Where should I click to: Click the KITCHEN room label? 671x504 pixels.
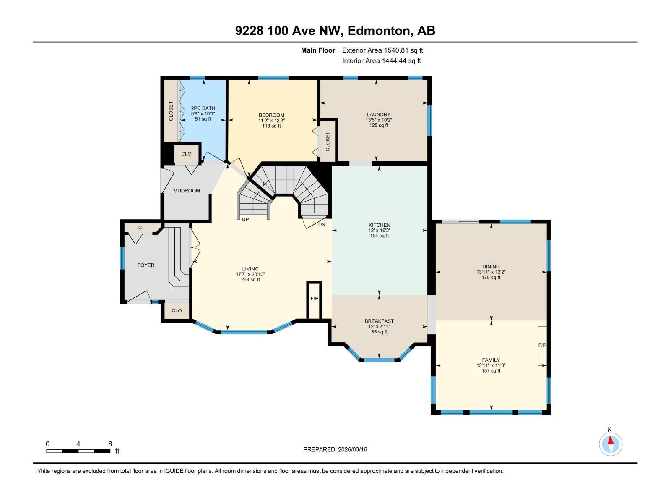point(379,225)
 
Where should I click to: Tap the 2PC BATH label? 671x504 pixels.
point(203,108)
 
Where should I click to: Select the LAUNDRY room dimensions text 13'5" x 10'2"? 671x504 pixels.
point(379,120)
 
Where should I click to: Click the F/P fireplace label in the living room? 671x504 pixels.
point(314,299)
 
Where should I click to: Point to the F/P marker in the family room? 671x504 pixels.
point(542,345)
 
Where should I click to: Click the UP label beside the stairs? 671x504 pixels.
point(245,220)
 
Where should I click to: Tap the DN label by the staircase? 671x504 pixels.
point(322,225)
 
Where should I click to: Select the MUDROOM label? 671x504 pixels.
point(187,191)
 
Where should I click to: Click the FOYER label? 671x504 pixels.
point(146,265)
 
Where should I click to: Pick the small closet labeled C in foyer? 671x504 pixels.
point(140,228)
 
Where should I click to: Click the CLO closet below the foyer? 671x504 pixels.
point(177,311)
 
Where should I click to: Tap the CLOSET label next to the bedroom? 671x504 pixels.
point(328,141)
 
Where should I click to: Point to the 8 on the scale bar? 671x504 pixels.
point(110,444)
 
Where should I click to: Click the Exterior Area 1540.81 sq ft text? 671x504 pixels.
point(382,50)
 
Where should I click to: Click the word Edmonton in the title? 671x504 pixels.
point(379,31)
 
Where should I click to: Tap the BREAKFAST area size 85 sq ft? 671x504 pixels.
point(379,332)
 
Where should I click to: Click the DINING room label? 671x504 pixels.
point(491,267)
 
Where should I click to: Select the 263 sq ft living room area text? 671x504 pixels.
point(250,280)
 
